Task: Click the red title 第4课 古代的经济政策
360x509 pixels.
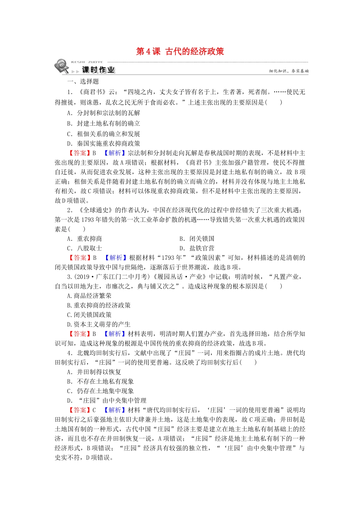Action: tap(180, 52)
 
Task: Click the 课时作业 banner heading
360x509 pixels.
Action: tap(98, 70)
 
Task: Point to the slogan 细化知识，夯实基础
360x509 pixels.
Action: tap(289, 71)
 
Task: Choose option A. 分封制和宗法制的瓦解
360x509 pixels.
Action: tap(103, 113)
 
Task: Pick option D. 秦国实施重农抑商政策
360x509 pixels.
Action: tap(103, 144)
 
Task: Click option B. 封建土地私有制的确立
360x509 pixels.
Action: tap(103, 123)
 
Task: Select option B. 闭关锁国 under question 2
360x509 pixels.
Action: tap(197, 239)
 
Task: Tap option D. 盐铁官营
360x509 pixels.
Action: tap(197, 248)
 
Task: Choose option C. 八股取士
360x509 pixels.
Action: tap(85, 248)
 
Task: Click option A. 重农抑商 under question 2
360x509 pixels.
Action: tap(85, 239)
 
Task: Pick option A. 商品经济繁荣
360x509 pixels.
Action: tap(89, 296)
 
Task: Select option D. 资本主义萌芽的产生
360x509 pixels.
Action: tap(99, 325)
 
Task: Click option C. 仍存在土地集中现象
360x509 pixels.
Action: tap(100, 391)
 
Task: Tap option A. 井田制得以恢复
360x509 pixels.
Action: tap(94, 372)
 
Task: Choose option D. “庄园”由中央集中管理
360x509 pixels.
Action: tap(106, 401)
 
